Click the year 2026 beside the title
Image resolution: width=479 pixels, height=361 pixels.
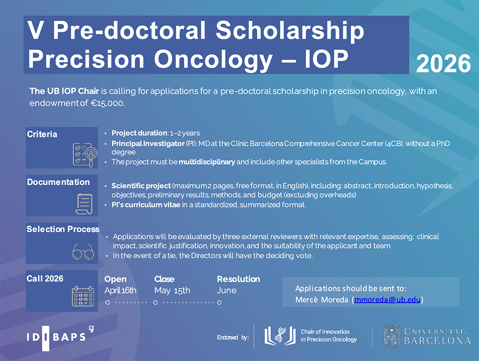click(x=443, y=64)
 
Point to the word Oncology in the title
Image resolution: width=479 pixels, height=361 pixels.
click(x=213, y=60)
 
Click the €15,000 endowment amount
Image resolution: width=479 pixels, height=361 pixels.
click(x=108, y=103)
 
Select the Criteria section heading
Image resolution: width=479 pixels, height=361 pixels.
click(x=42, y=134)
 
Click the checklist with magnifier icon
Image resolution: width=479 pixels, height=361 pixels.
click(x=85, y=155)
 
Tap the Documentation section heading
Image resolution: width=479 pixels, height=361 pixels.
click(x=58, y=182)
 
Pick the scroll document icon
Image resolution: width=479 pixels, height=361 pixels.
click(x=84, y=204)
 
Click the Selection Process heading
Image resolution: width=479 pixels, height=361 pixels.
click(x=63, y=229)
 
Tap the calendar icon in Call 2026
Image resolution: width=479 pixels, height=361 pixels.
click(x=83, y=296)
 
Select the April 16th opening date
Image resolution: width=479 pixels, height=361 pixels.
click(x=120, y=290)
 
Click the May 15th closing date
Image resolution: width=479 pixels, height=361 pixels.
click(x=172, y=291)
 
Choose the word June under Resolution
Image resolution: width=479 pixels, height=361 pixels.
click(x=227, y=291)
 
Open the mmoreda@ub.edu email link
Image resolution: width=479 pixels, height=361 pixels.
click(x=387, y=300)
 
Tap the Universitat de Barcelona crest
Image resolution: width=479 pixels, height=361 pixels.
click(x=391, y=336)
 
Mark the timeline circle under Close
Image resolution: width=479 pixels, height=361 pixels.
click(x=155, y=303)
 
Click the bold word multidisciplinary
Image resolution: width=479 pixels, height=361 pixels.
click(x=207, y=162)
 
